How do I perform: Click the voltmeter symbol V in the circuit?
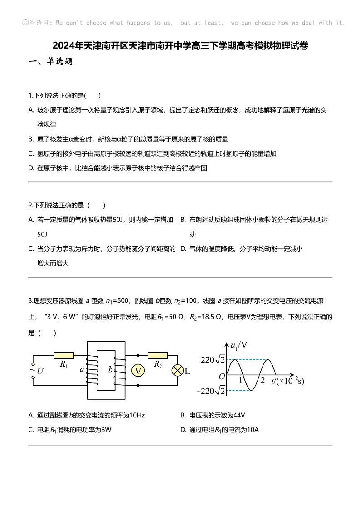pos(138,371)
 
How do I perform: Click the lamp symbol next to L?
pos(177,371)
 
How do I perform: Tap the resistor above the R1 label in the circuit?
pos(63,355)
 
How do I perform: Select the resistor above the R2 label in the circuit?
pos(158,355)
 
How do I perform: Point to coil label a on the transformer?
pos(82,369)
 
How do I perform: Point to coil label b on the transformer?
pos(110,369)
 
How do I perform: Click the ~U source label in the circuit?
pos(37,370)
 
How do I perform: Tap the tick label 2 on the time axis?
pos(263,380)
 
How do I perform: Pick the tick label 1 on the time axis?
pos(241,380)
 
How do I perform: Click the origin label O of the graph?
pos(222,376)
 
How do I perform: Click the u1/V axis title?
pos(238,345)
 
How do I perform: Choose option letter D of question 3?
pos(183,430)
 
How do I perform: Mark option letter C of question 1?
pos(31,153)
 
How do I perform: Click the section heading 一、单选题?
pos(51,61)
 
